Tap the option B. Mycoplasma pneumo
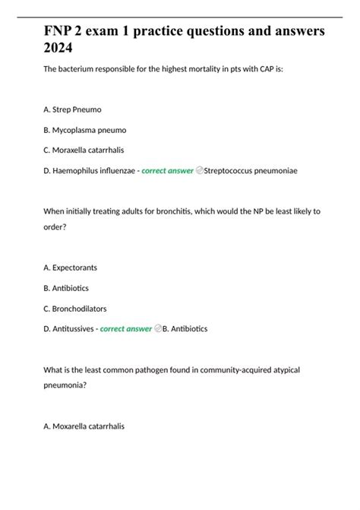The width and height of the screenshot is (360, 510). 84,130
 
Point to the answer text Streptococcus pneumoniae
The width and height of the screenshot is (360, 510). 251,170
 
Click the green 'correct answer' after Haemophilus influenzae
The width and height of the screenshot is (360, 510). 167,170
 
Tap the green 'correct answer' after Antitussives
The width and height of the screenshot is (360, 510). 126,328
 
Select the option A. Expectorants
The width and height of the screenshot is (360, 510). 70,268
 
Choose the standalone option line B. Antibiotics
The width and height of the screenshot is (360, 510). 66,288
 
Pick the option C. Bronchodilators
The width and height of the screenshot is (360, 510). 74,309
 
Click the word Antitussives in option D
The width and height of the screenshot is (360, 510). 75,328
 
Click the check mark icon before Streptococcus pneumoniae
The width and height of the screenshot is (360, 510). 199,170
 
